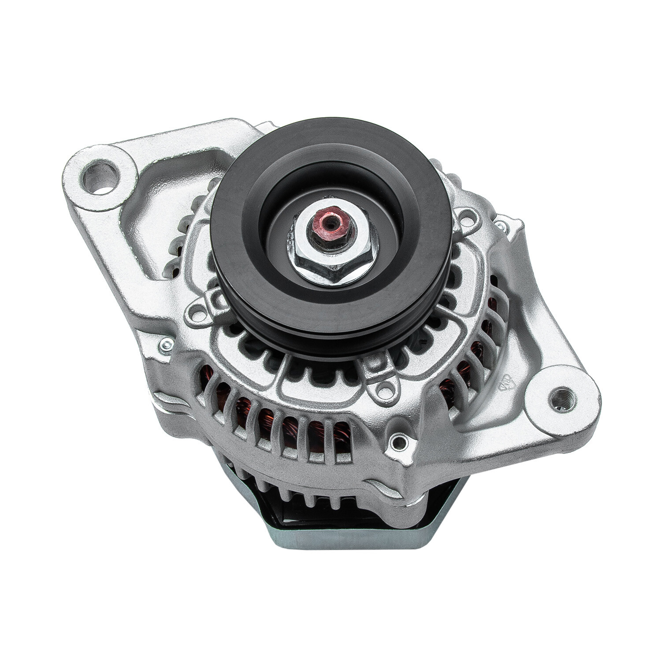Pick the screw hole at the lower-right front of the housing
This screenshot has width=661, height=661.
pos(399,440)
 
